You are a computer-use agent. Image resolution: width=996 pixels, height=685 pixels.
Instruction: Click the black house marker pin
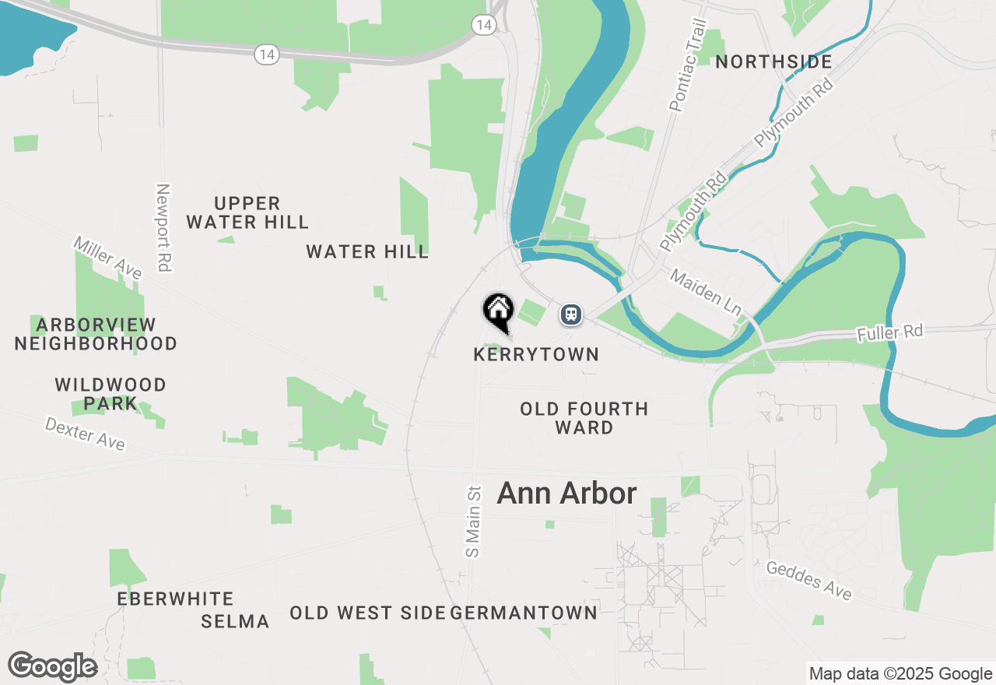498,311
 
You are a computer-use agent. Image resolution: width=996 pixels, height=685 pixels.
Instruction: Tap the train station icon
571,314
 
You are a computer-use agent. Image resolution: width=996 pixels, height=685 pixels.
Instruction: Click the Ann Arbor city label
566,494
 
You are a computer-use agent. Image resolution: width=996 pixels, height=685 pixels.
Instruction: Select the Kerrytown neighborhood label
536,355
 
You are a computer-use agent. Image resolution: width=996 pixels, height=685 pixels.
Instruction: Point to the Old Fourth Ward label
584,418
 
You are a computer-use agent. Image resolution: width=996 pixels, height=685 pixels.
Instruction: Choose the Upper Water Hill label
247,213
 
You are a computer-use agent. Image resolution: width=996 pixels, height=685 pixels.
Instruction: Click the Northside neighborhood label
773,62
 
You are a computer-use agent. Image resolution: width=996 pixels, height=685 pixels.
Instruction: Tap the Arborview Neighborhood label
96,334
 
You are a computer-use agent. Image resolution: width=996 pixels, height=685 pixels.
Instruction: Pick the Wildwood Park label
110,394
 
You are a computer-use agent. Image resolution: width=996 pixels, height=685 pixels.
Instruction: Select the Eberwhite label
175,599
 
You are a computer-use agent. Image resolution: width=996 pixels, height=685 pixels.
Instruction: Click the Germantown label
524,613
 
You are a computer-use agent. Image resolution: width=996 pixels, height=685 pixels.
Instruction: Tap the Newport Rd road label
163,227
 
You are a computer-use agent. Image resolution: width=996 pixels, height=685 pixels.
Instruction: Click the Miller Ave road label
108,258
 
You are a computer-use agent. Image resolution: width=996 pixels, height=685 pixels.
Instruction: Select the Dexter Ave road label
85,434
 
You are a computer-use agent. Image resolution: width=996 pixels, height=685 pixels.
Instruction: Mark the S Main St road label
473,522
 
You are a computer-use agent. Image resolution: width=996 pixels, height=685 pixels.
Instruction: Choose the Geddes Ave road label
808,581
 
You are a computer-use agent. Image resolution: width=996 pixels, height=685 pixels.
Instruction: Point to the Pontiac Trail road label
686,65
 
